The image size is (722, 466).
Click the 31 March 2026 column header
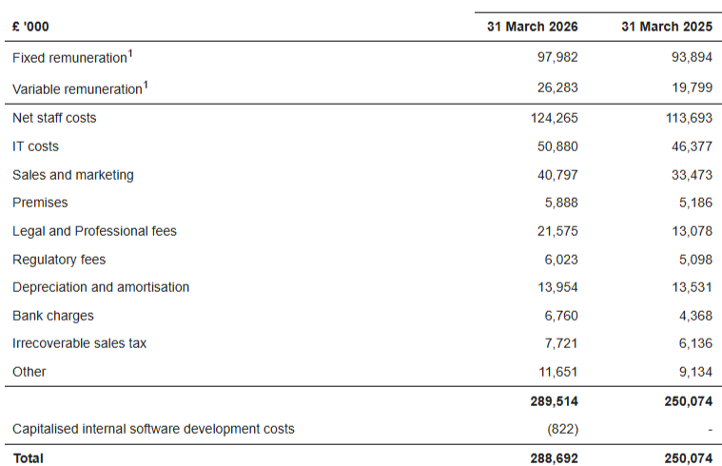point(533,27)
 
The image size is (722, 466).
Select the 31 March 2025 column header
point(667,27)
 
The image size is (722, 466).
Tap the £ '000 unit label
point(30,27)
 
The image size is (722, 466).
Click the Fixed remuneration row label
point(69,58)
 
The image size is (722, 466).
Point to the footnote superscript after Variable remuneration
point(146,85)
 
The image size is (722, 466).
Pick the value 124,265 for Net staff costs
point(554,118)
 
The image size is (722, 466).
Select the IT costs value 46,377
point(692,146)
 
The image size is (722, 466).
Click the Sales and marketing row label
point(72,175)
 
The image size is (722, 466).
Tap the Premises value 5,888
point(561,203)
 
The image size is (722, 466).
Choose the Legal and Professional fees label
point(94,231)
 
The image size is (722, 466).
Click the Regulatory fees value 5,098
point(695,260)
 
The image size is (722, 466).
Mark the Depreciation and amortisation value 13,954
point(557,287)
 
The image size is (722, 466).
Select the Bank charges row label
point(53,316)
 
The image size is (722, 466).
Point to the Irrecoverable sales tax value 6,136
point(695,343)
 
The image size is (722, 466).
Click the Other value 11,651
point(558,372)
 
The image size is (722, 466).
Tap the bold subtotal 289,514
point(554,401)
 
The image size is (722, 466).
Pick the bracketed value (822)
point(563,429)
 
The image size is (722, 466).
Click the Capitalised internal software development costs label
point(153,429)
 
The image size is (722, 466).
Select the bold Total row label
point(29,458)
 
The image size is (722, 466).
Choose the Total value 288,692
point(554,458)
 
